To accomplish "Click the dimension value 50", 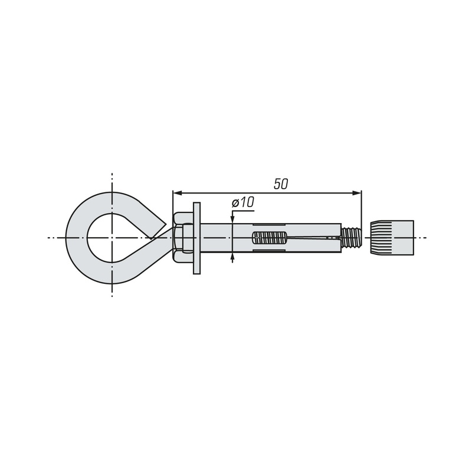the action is pos(281,184).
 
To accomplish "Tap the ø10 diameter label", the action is pos(243,202).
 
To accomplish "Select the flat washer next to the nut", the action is pos(196,238).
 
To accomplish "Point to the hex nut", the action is pos(183,238).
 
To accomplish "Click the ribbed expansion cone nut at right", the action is pos(392,238).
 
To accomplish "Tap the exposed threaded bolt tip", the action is pos(351,238).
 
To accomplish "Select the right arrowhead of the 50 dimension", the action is pos(357,193).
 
